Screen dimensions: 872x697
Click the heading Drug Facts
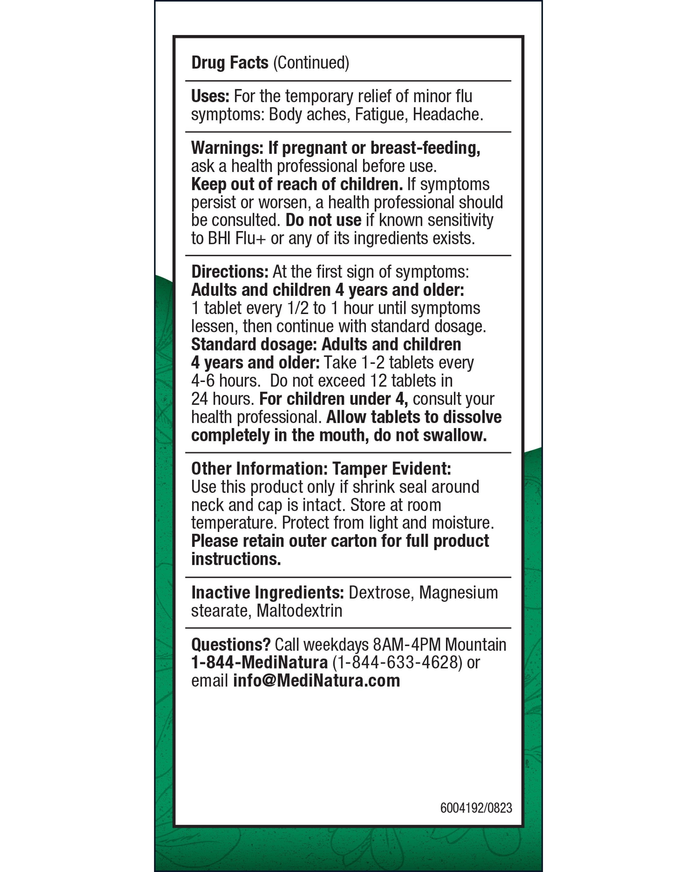pos(229,63)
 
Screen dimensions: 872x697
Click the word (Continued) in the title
pos(311,63)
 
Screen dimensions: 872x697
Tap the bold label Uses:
pos(210,96)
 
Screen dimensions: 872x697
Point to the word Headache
pos(447,115)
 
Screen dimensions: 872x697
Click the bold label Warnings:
pos(227,148)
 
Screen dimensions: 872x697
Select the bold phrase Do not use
pos(323,220)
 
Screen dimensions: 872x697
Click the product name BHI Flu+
pos(237,239)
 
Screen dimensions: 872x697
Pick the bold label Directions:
pos(230,272)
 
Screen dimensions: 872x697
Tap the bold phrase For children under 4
pos(333,399)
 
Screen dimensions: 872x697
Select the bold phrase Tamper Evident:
pos(392,469)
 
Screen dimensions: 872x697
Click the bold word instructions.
pos(236,559)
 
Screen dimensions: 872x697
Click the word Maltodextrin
pos(300,611)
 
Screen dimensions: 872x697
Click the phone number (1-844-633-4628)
pos(397,663)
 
